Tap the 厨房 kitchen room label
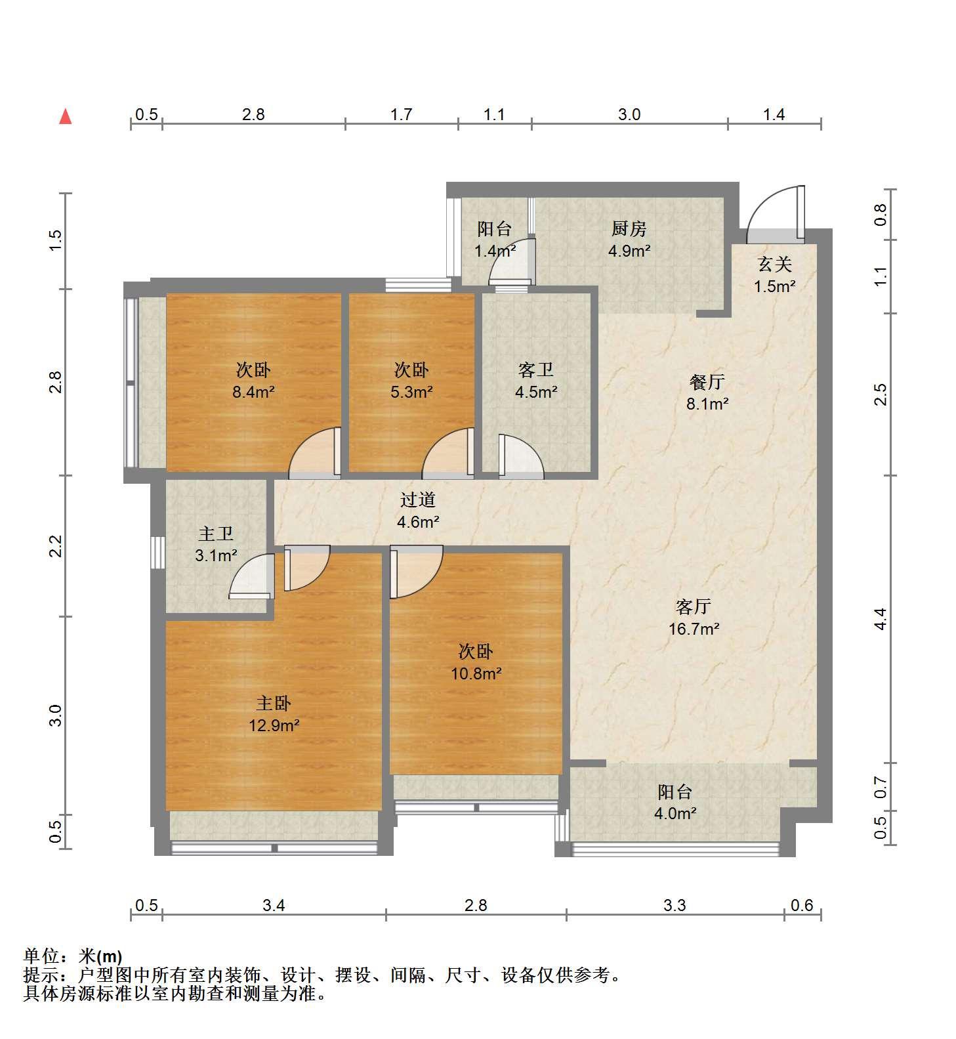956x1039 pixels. click(x=629, y=228)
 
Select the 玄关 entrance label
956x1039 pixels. click(x=774, y=265)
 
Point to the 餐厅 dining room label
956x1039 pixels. click(x=707, y=381)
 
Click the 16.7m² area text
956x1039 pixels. click(x=694, y=629)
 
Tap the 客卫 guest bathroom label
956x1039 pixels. click(x=535, y=370)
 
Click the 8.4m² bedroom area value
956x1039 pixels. click(x=253, y=392)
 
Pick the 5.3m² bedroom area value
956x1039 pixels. click(x=411, y=392)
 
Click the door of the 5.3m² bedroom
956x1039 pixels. click(x=448, y=452)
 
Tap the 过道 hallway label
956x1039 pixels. click(x=418, y=500)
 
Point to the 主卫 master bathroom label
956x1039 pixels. click(x=216, y=534)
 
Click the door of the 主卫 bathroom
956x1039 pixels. click(x=251, y=576)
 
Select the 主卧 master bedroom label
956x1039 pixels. click(x=273, y=704)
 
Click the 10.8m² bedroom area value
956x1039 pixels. click(x=476, y=673)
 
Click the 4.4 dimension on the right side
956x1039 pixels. click(x=881, y=618)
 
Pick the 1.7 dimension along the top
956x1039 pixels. click(x=401, y=114)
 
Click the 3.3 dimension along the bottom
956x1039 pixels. click(x=674, y=906)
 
